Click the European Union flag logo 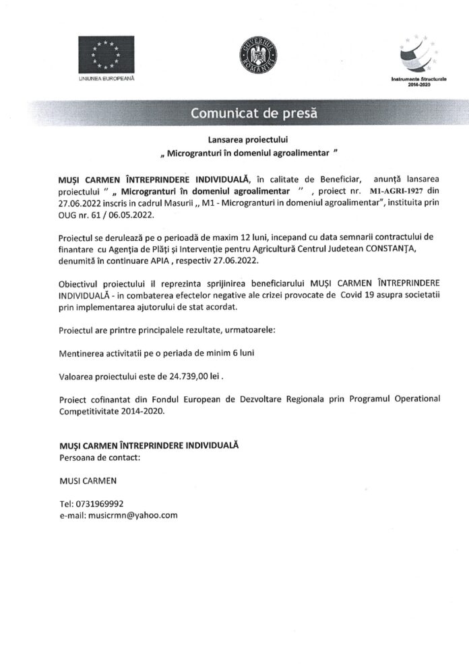point(106,54)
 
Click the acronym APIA point(171,260)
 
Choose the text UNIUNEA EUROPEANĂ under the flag point(106,79)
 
